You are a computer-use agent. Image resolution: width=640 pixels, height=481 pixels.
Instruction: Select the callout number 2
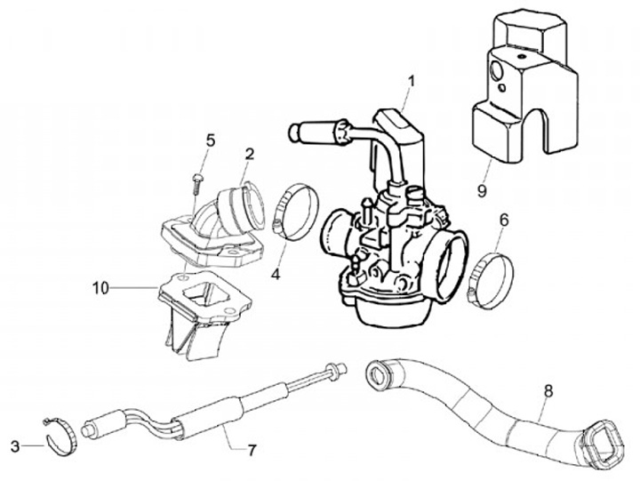pos(250,154)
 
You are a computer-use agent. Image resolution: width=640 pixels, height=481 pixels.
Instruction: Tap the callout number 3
pos(15,445)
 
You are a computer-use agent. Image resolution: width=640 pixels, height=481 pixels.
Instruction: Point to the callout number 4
pos(276,275)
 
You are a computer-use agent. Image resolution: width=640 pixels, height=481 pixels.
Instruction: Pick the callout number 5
pos(211,140)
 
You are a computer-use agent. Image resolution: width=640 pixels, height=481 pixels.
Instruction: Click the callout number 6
pos(503,218)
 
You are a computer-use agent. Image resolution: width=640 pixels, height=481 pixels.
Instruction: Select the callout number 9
pos(481,189)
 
